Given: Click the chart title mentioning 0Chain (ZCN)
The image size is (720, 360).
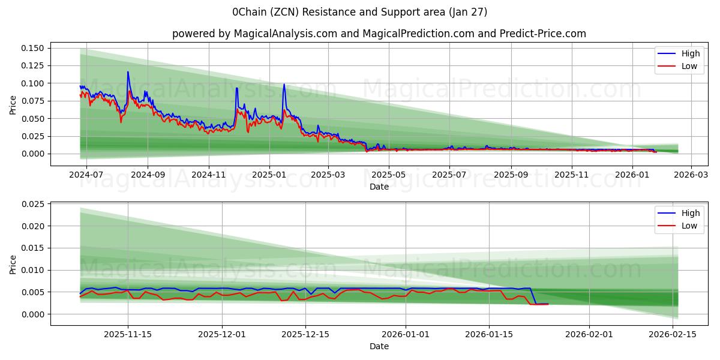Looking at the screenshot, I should click(x=360, y=12).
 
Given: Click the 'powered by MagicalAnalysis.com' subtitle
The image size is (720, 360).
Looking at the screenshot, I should click(x=379, y=34).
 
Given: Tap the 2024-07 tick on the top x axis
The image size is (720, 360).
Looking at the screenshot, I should click(x=86, y=174).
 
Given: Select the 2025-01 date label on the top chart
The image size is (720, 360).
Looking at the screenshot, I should click(x=269, y=174).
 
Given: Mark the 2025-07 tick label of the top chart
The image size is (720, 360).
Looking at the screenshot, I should click(x=449, y=174).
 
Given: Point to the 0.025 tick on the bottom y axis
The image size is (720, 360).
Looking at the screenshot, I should click(x=33, y=205).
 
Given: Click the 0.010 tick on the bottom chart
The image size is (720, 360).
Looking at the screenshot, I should click(x=33, y=271).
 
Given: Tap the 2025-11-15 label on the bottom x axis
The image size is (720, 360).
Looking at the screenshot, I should click(x=127, y=334).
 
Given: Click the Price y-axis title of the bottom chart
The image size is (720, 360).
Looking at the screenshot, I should click(x=13, y=264).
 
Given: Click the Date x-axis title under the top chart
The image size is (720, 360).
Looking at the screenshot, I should click(x=379, y=187).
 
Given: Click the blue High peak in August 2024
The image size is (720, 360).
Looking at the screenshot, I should click(x=127, y=72).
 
